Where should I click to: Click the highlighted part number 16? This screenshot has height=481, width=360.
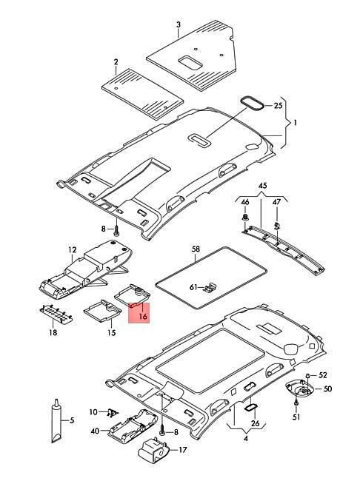coord(143,316)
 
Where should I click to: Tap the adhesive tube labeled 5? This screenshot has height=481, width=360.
coord(57,421)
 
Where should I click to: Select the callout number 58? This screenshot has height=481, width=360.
coord(196,249)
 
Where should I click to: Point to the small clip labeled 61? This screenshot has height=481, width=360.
coord(210,287)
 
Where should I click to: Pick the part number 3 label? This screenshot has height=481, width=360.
coord(179,24)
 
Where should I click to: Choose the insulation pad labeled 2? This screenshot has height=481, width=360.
coord(142,92)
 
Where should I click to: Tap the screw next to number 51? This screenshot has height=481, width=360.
coord(296,403)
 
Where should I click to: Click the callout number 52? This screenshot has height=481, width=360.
coord(323,375)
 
